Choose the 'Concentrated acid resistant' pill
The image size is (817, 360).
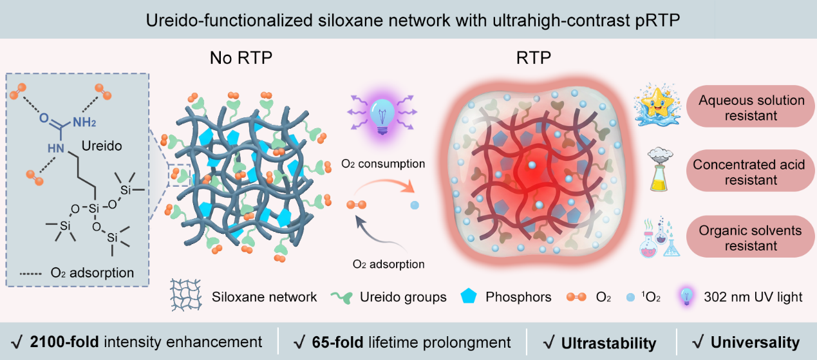point(747,172)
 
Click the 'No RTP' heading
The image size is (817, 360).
point(241,58)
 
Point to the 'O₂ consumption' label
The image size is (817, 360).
point(383,164)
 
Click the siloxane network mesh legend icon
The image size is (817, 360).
point(187,296)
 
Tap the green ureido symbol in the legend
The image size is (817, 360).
point(344,297)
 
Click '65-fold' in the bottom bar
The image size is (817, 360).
point(330,342)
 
